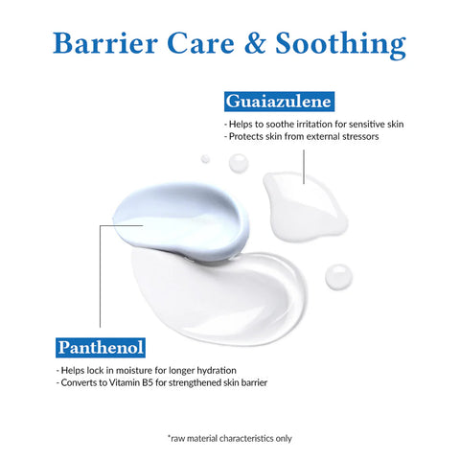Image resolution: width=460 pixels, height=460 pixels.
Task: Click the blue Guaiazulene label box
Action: click(278, 101)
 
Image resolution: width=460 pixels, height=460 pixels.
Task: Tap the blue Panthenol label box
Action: click(99, 344)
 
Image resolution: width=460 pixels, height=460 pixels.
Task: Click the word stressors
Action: click(359, 136)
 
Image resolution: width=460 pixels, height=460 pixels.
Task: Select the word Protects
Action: click(247, 136)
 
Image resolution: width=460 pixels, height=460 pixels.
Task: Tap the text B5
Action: click(186, 383)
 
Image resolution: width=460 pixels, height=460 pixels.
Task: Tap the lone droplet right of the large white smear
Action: click(336, 278)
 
